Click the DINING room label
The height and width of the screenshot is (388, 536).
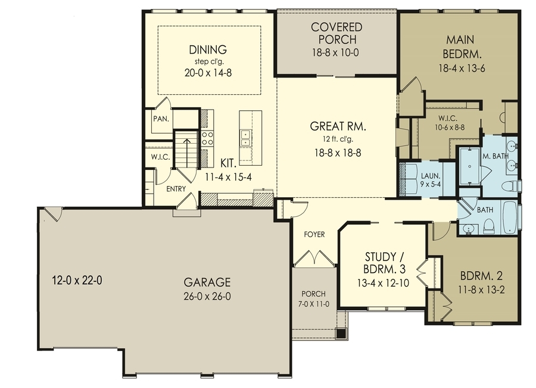pos(208,49)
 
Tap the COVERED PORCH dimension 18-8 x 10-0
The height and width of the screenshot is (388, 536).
pos(335,52)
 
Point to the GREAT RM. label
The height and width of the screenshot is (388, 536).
pos(338,126)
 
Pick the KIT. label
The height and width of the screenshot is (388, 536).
pos(228,163)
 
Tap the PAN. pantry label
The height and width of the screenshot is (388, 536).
pos(161,119)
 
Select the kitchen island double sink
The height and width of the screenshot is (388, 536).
pos(245,138)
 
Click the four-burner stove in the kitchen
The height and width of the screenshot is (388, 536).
pos(207,138)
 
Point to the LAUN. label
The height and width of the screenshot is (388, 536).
pos(430,176)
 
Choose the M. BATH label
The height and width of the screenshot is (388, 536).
pos(496,156)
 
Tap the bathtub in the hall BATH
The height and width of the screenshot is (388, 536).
pos(510,217)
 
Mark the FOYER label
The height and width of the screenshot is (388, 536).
pos(314,234)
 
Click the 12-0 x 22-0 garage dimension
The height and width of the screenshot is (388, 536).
pos(77,281)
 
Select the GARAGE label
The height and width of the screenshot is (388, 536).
pos(207,283)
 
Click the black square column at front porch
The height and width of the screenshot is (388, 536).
pos(341,333)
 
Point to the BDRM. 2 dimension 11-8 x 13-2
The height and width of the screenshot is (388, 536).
pos(481,290)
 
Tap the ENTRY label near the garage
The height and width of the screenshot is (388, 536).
pos(176,189)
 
